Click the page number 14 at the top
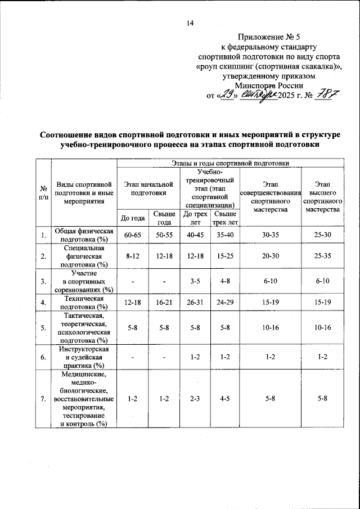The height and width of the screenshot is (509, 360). [190, 23]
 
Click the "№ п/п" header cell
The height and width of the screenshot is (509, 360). [43, 193]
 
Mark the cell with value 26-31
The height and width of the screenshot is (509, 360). [195, 303]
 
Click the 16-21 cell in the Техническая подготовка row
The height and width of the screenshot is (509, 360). [164, 303]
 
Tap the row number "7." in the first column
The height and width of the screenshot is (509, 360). [43, 399]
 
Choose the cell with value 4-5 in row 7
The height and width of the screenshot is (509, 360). [225, 399]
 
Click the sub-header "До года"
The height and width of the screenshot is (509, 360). [132, 218]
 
